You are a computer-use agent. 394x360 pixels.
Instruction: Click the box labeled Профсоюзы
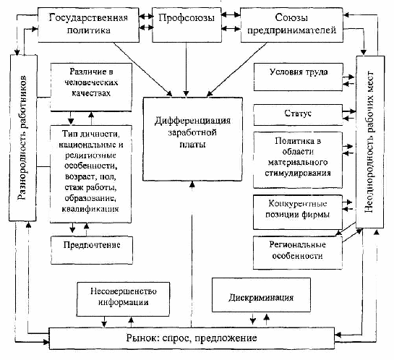coord(187,25)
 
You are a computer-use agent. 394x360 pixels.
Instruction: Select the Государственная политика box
coord(88,25)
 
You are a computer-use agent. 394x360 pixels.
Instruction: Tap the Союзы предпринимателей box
coord(292,25)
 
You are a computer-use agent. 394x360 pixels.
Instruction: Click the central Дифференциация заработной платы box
coord(192,140)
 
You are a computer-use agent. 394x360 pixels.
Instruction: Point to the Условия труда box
coord(299,77)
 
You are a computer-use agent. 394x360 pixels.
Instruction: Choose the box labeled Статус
coord(298,115)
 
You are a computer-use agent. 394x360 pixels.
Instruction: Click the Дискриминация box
coord(261,295)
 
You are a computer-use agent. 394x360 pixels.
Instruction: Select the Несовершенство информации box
coord(123,299)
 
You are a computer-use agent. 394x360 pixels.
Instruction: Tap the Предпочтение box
coord(92,250)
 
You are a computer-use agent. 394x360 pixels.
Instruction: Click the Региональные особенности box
coord(298,252)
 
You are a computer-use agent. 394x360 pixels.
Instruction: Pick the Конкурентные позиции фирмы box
coord(298,213)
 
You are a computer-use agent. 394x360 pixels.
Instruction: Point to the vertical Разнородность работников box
coord(23,138)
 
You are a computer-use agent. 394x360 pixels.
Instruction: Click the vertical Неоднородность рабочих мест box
coord(370,142)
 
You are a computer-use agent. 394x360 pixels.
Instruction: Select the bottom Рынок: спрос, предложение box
coord(192,338)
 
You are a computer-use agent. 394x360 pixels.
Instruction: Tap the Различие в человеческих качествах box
coord(91,87)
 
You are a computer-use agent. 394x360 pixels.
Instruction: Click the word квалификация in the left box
coord(90,209)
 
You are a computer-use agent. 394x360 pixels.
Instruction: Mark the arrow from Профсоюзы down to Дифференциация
coord(187,69)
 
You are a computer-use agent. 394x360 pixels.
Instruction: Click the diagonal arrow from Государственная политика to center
coord(142,69)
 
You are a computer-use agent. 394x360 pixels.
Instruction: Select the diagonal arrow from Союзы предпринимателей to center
coord(236,69)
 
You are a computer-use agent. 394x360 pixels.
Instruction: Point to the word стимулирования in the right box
coord(298,173)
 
